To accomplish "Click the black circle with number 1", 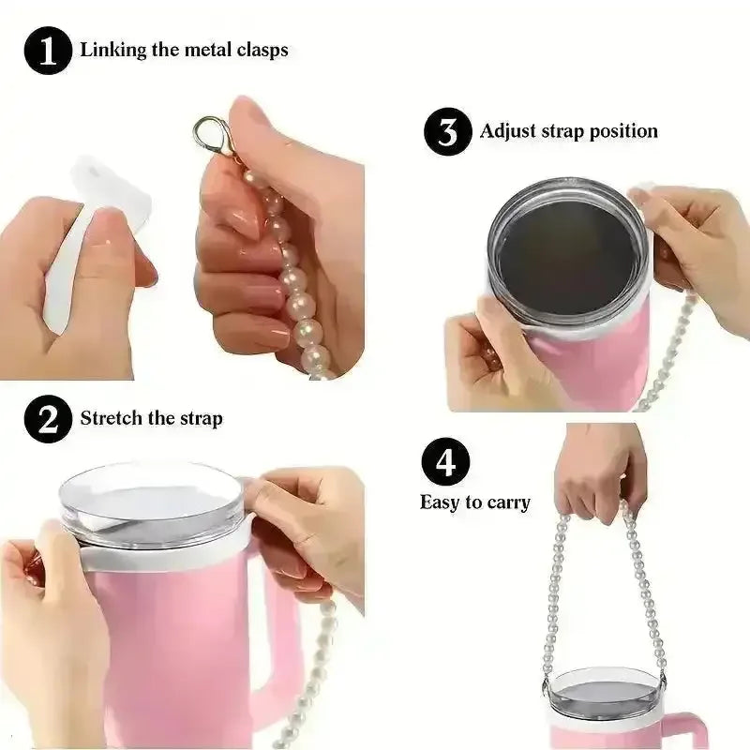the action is point(48,51).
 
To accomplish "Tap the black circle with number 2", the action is point(48,419).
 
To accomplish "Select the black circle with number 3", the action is point(448,131).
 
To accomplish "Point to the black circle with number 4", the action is point(445,462).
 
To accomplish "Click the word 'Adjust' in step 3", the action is point(507,131).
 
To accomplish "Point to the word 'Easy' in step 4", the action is point(440,502).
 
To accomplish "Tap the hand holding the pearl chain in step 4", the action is point(601,472).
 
